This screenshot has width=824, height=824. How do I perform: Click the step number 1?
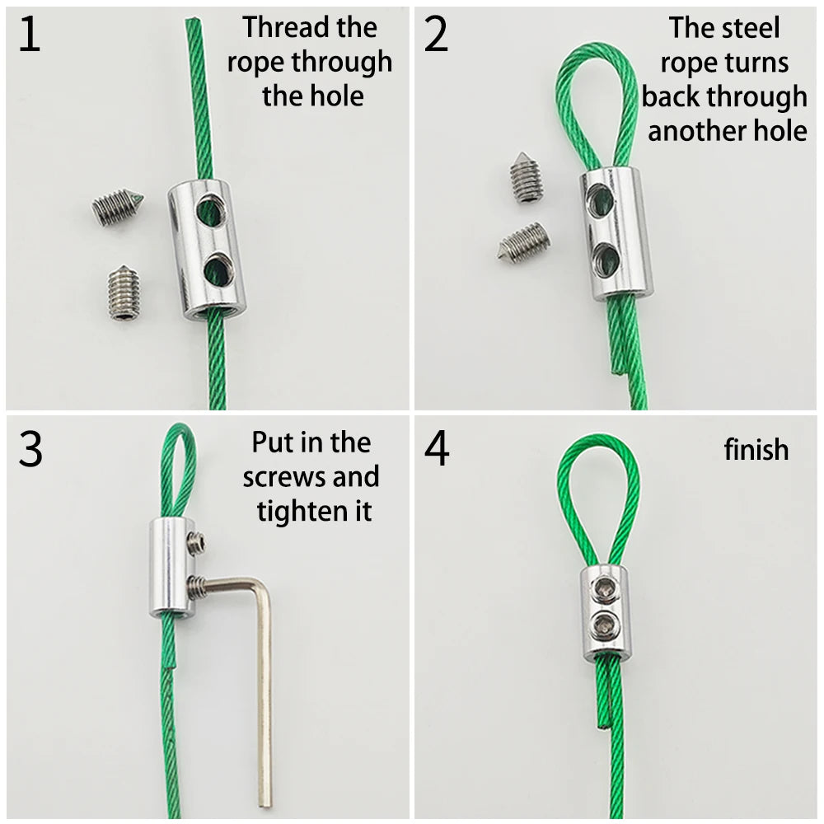[x=30, y=34]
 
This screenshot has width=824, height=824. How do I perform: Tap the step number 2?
[x=436, y=34]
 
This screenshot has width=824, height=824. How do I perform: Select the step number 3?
[x=30, y=448]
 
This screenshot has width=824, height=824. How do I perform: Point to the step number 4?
[x=437, y=448]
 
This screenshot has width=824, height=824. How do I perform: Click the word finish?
[x=756, y=450]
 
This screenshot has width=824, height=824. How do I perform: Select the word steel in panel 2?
[x=754, y=27]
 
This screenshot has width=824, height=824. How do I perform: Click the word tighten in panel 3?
[x=297, y=511]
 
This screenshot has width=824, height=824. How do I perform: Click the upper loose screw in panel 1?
[x=117, y=208]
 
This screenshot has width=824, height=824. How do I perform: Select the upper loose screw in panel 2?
[x=526, y=176]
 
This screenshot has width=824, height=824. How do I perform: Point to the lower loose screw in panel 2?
[x=523, y=241]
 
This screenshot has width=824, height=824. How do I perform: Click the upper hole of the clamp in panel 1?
[x=211, y=210]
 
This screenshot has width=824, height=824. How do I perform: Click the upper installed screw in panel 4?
[x=604, y=589]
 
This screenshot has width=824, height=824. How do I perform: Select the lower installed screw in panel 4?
[x=604, y=625]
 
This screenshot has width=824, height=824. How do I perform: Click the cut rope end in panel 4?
[x=602, y=726]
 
